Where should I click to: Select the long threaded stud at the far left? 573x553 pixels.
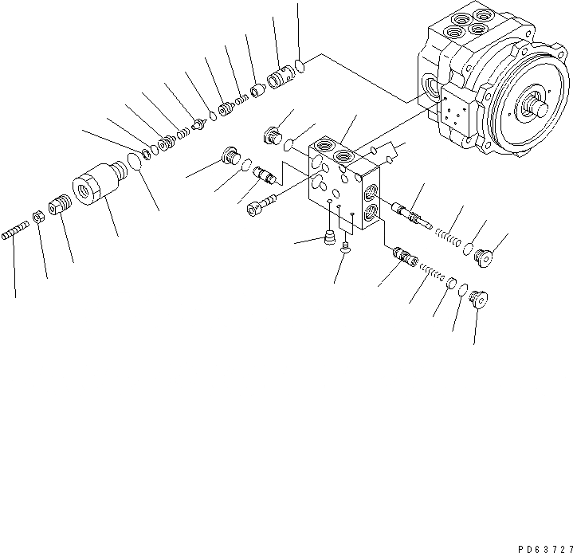(15, 232)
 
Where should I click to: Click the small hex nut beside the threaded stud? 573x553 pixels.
(37, 216)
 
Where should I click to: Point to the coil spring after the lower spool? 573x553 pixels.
(430, 272)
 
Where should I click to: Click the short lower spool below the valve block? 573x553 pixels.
(404, 256)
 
